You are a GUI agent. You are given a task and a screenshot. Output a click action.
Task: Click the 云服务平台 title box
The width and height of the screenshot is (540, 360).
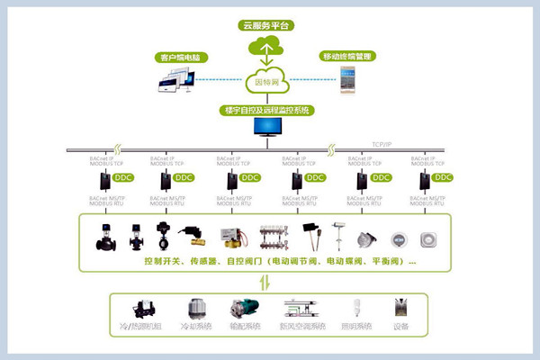[268, 25]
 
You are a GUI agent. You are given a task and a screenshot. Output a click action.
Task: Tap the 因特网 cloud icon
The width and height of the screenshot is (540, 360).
[268, 79]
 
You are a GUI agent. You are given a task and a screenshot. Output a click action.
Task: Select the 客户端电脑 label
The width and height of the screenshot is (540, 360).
[178, 58]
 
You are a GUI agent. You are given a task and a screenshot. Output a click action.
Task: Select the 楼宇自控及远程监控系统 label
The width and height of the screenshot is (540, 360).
[268, 111]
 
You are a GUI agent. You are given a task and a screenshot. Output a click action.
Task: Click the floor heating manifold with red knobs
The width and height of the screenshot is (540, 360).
[273, 237]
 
